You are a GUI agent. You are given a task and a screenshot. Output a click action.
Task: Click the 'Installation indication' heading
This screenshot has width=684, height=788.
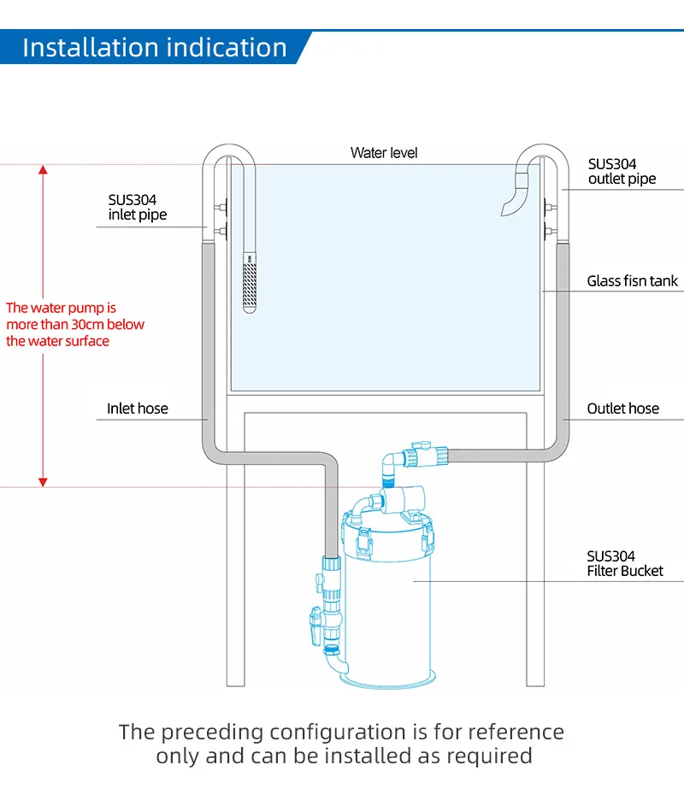(x=155, y=48)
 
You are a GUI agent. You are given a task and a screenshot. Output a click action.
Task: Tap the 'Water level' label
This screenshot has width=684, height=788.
(x=384, y=153)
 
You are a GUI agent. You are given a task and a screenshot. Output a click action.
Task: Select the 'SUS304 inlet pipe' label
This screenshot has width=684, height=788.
(x=137, y=207)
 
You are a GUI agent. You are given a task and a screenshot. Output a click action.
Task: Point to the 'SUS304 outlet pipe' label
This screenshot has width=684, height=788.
(x=622, y=171)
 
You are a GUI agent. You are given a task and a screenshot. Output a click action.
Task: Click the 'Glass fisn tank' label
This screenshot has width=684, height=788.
(x=632, y=280)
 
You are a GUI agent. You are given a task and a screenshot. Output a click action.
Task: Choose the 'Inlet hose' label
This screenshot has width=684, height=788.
(x=137, y=409)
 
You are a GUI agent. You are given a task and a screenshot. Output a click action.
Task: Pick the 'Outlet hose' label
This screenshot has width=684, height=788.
(x=622, y=409)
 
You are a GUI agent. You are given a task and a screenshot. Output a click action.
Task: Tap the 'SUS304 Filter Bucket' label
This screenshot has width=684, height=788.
(x=624, y=563)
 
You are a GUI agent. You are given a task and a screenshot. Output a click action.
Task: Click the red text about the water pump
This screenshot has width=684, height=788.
(x=75, y=324)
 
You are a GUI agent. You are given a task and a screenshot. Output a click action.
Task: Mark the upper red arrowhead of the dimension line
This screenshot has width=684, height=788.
(x=43, y=170)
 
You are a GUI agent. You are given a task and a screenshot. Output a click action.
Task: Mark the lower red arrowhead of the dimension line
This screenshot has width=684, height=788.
(x=43, y=482)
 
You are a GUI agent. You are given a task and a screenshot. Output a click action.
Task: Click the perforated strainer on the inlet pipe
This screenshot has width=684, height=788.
(x=250, y=282)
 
